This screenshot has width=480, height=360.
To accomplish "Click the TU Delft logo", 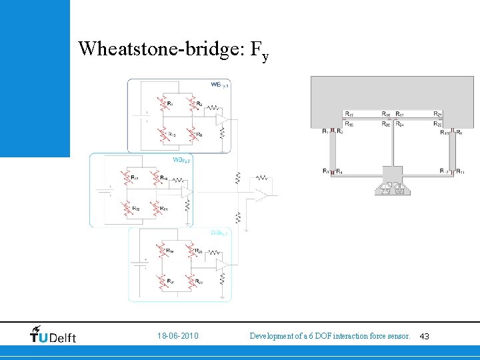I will pyautogui.click(x=53, y=335).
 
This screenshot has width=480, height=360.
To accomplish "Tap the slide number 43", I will pyautogui.click(x=425, y=336).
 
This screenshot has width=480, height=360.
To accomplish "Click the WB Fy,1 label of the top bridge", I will pyautogui.click(x=219, y=85).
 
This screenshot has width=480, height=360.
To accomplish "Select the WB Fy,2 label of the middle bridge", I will pyautogui.click(x=181, y=160).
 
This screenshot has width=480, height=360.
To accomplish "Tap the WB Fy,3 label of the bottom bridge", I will pyautogui.click(x=219, y=233).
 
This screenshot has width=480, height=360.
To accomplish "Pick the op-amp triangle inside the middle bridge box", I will pyautogui.click(x=187, y=191).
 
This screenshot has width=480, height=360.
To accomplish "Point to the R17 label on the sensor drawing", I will pyautogui.click(x=349, y=114).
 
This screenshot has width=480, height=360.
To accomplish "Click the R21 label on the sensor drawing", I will pyautogui.click(x=437, y=114).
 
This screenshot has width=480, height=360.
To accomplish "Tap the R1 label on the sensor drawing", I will pyautogui.click(x=325, y=132).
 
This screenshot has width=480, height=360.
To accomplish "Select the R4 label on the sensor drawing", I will pyautogui.click(x=339, y=172).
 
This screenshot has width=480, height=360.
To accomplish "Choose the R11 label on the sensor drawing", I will pyautogui.click(x=460, y=172).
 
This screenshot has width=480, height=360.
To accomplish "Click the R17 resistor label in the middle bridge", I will pyautogui.click(x=135, y=177).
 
